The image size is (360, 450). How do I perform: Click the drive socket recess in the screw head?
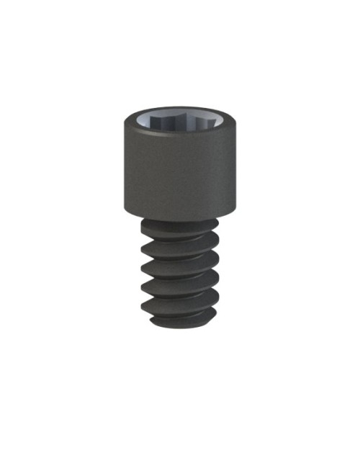tap(180, 125)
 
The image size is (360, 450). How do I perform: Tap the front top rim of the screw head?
tap(180, 142)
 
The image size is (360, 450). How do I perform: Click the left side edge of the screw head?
tap(125, 169)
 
